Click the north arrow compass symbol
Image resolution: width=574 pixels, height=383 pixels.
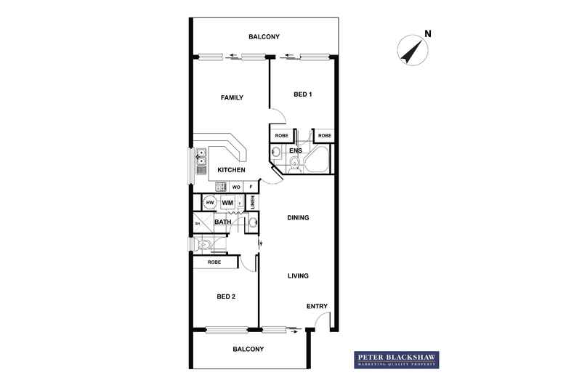[411, 51]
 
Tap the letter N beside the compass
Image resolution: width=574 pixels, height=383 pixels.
[428, 33]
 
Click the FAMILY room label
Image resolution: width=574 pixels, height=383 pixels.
[232, 98]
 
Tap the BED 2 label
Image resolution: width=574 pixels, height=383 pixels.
[225, 297]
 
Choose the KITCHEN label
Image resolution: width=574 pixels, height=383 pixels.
[231, 170]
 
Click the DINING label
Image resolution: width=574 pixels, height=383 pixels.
[298, 217]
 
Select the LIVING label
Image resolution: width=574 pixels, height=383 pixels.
[298, 276]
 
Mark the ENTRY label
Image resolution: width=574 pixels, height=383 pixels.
[317, 307]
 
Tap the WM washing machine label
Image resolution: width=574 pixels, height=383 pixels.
[227, 203]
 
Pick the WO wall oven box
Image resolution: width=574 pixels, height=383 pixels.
[236, 187]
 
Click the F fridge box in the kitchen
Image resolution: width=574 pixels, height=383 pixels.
[251, 187]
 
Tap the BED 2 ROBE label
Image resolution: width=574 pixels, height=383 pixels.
[214, 262]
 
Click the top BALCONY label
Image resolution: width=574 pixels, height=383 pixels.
[264, 37]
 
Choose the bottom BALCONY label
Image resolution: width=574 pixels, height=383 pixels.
[248, 350]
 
